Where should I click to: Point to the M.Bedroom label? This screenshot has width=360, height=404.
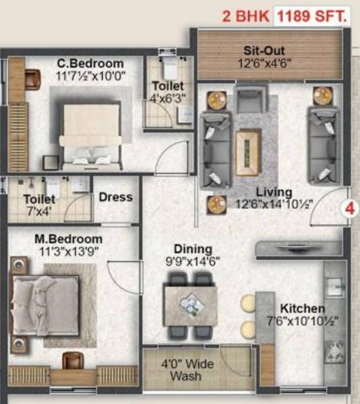[x=69, y=239]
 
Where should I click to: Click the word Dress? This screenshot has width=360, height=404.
[x=115, y=197]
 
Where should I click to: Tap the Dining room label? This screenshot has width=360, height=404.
[x=193, y=249]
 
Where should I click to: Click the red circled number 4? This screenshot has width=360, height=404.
[x=349, y=207]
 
